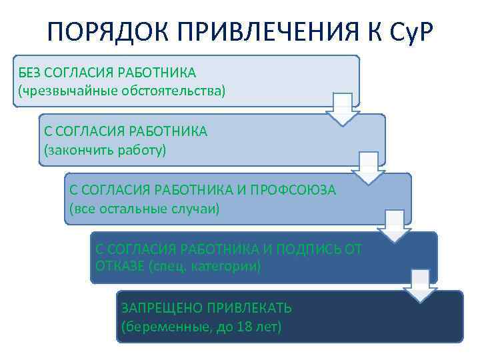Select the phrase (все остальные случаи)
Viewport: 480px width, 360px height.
point(144,208)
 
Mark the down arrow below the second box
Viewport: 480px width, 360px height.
point(368,168)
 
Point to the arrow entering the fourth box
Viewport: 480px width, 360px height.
point(394,226)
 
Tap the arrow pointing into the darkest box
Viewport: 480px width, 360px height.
point(420,285)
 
